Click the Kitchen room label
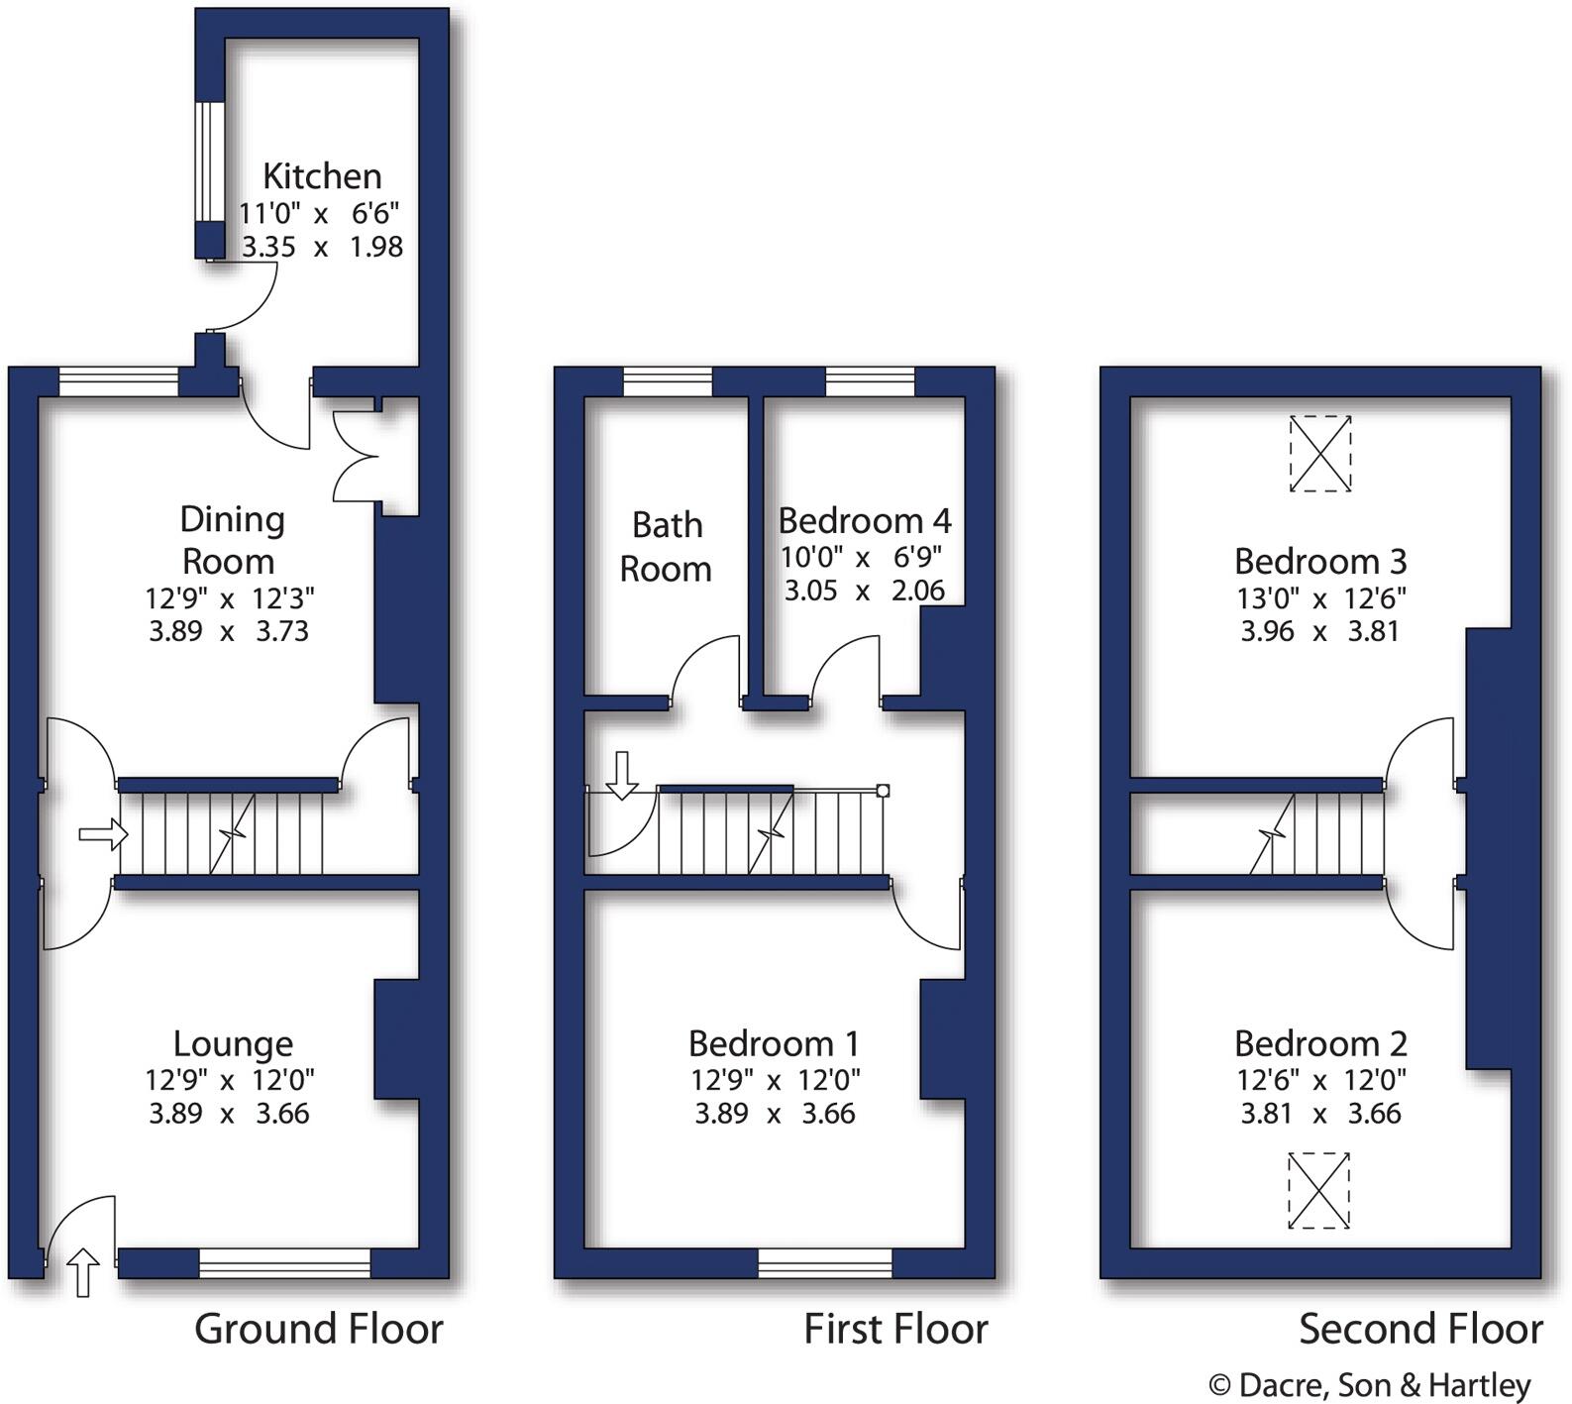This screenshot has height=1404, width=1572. click(322, 176)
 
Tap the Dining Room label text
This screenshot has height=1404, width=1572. click(231, 540)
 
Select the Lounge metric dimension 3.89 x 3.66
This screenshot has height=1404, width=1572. click(229, 1114)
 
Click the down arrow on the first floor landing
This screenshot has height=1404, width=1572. click(622, 775)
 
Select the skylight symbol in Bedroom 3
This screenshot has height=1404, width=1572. click(1320, 454)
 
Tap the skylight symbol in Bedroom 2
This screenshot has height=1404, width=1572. click(1318, 1190)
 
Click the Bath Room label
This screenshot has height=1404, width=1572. click(666, 547)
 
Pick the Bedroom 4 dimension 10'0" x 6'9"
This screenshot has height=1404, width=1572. click(861, 557)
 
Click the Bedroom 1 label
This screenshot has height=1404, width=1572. click(774, 1043)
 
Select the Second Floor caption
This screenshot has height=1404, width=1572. click(1420, 1329)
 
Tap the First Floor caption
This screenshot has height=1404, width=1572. click(895, 1329)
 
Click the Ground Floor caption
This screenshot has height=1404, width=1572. click(318, 1329)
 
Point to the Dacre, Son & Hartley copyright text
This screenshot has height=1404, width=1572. click(1370, 1384)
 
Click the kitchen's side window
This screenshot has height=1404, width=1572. click(209, 162)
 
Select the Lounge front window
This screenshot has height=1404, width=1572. click(284, 1262)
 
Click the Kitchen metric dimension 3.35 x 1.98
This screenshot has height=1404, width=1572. click(322, 247)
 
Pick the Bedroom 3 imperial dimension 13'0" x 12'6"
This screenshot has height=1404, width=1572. click(1320, 598)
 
